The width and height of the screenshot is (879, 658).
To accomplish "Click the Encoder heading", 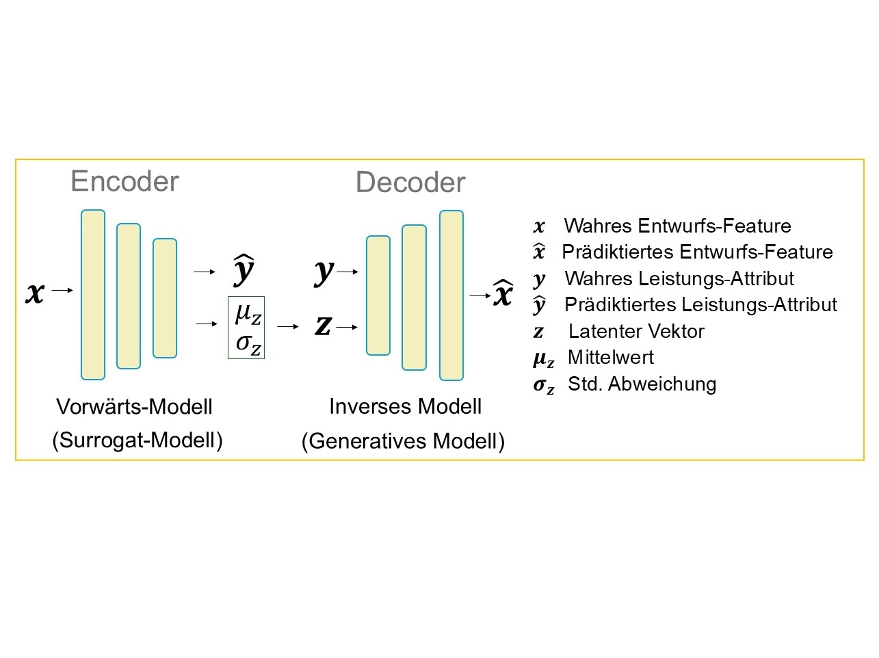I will pos(124,181).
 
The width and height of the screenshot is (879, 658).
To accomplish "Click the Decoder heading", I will pos(410,183).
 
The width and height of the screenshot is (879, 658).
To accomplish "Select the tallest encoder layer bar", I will pos(93,294).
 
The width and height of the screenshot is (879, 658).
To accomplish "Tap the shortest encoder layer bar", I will pos(165,298).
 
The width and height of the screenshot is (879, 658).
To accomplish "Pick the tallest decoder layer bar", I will pos(451,295).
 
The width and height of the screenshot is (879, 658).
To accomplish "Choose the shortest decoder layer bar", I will pos(378,295).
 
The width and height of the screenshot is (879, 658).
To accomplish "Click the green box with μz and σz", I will pos(246,328).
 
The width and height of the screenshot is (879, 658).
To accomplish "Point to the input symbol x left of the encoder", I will pos(34,292).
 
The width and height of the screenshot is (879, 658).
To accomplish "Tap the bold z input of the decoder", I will pos(323,326).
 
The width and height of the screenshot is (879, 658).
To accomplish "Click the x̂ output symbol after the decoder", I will pos(503,293).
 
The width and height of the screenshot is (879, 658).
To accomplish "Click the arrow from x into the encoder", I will pos(62,291).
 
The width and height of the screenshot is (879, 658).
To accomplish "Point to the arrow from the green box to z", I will pos(287,327).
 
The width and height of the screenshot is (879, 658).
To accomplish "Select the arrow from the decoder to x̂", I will pos(478,295).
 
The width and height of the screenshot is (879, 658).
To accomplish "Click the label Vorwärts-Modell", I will pos(135,406).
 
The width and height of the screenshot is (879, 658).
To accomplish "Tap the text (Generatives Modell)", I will pos(403,441).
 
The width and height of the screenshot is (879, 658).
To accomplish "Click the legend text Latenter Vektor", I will pos(636,331).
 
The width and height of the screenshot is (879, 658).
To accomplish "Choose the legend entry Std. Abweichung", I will pos(642,384).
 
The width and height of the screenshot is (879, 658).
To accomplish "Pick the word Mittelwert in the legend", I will pos(610,357).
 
